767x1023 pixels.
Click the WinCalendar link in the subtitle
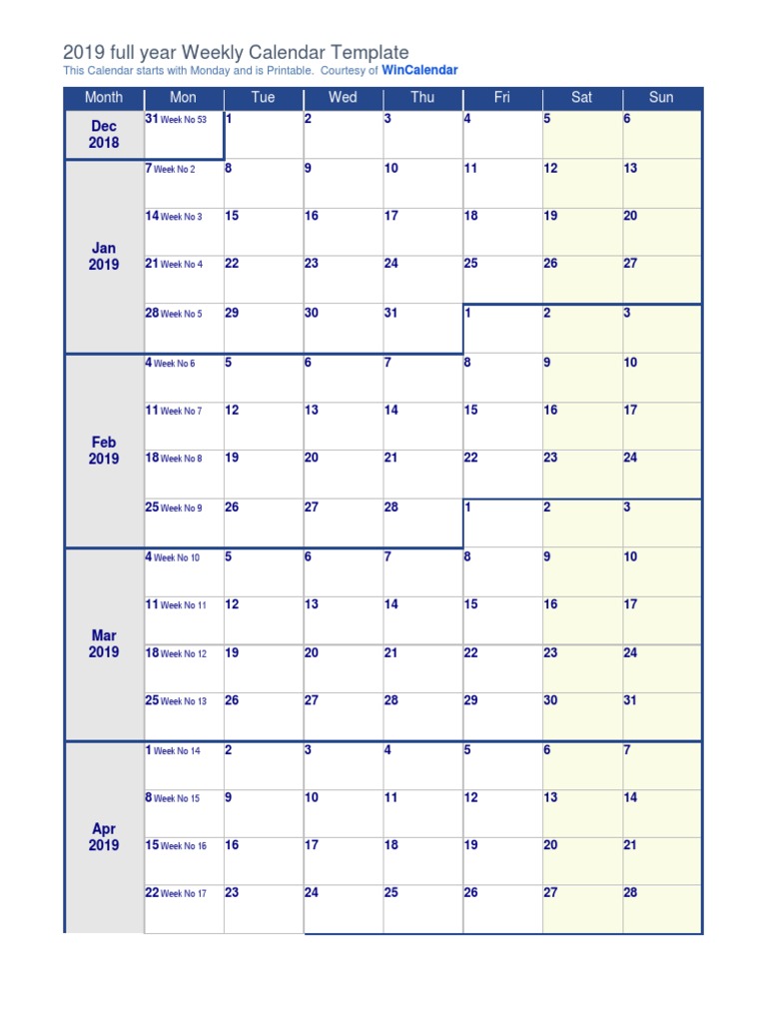419,71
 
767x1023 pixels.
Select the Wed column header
343,97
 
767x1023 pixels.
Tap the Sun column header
661,97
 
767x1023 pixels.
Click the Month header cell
104,97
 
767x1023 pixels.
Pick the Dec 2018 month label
104,134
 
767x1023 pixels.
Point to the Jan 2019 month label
104,256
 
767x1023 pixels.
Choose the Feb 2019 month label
104,451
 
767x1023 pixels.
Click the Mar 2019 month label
104,643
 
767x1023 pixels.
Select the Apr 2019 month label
104,837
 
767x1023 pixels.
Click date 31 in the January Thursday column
391,313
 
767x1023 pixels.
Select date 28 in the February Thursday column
391,508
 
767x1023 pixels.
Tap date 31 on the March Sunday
630,700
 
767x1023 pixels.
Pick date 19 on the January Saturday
550,216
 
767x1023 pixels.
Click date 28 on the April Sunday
630,893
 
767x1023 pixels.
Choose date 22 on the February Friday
471,459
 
